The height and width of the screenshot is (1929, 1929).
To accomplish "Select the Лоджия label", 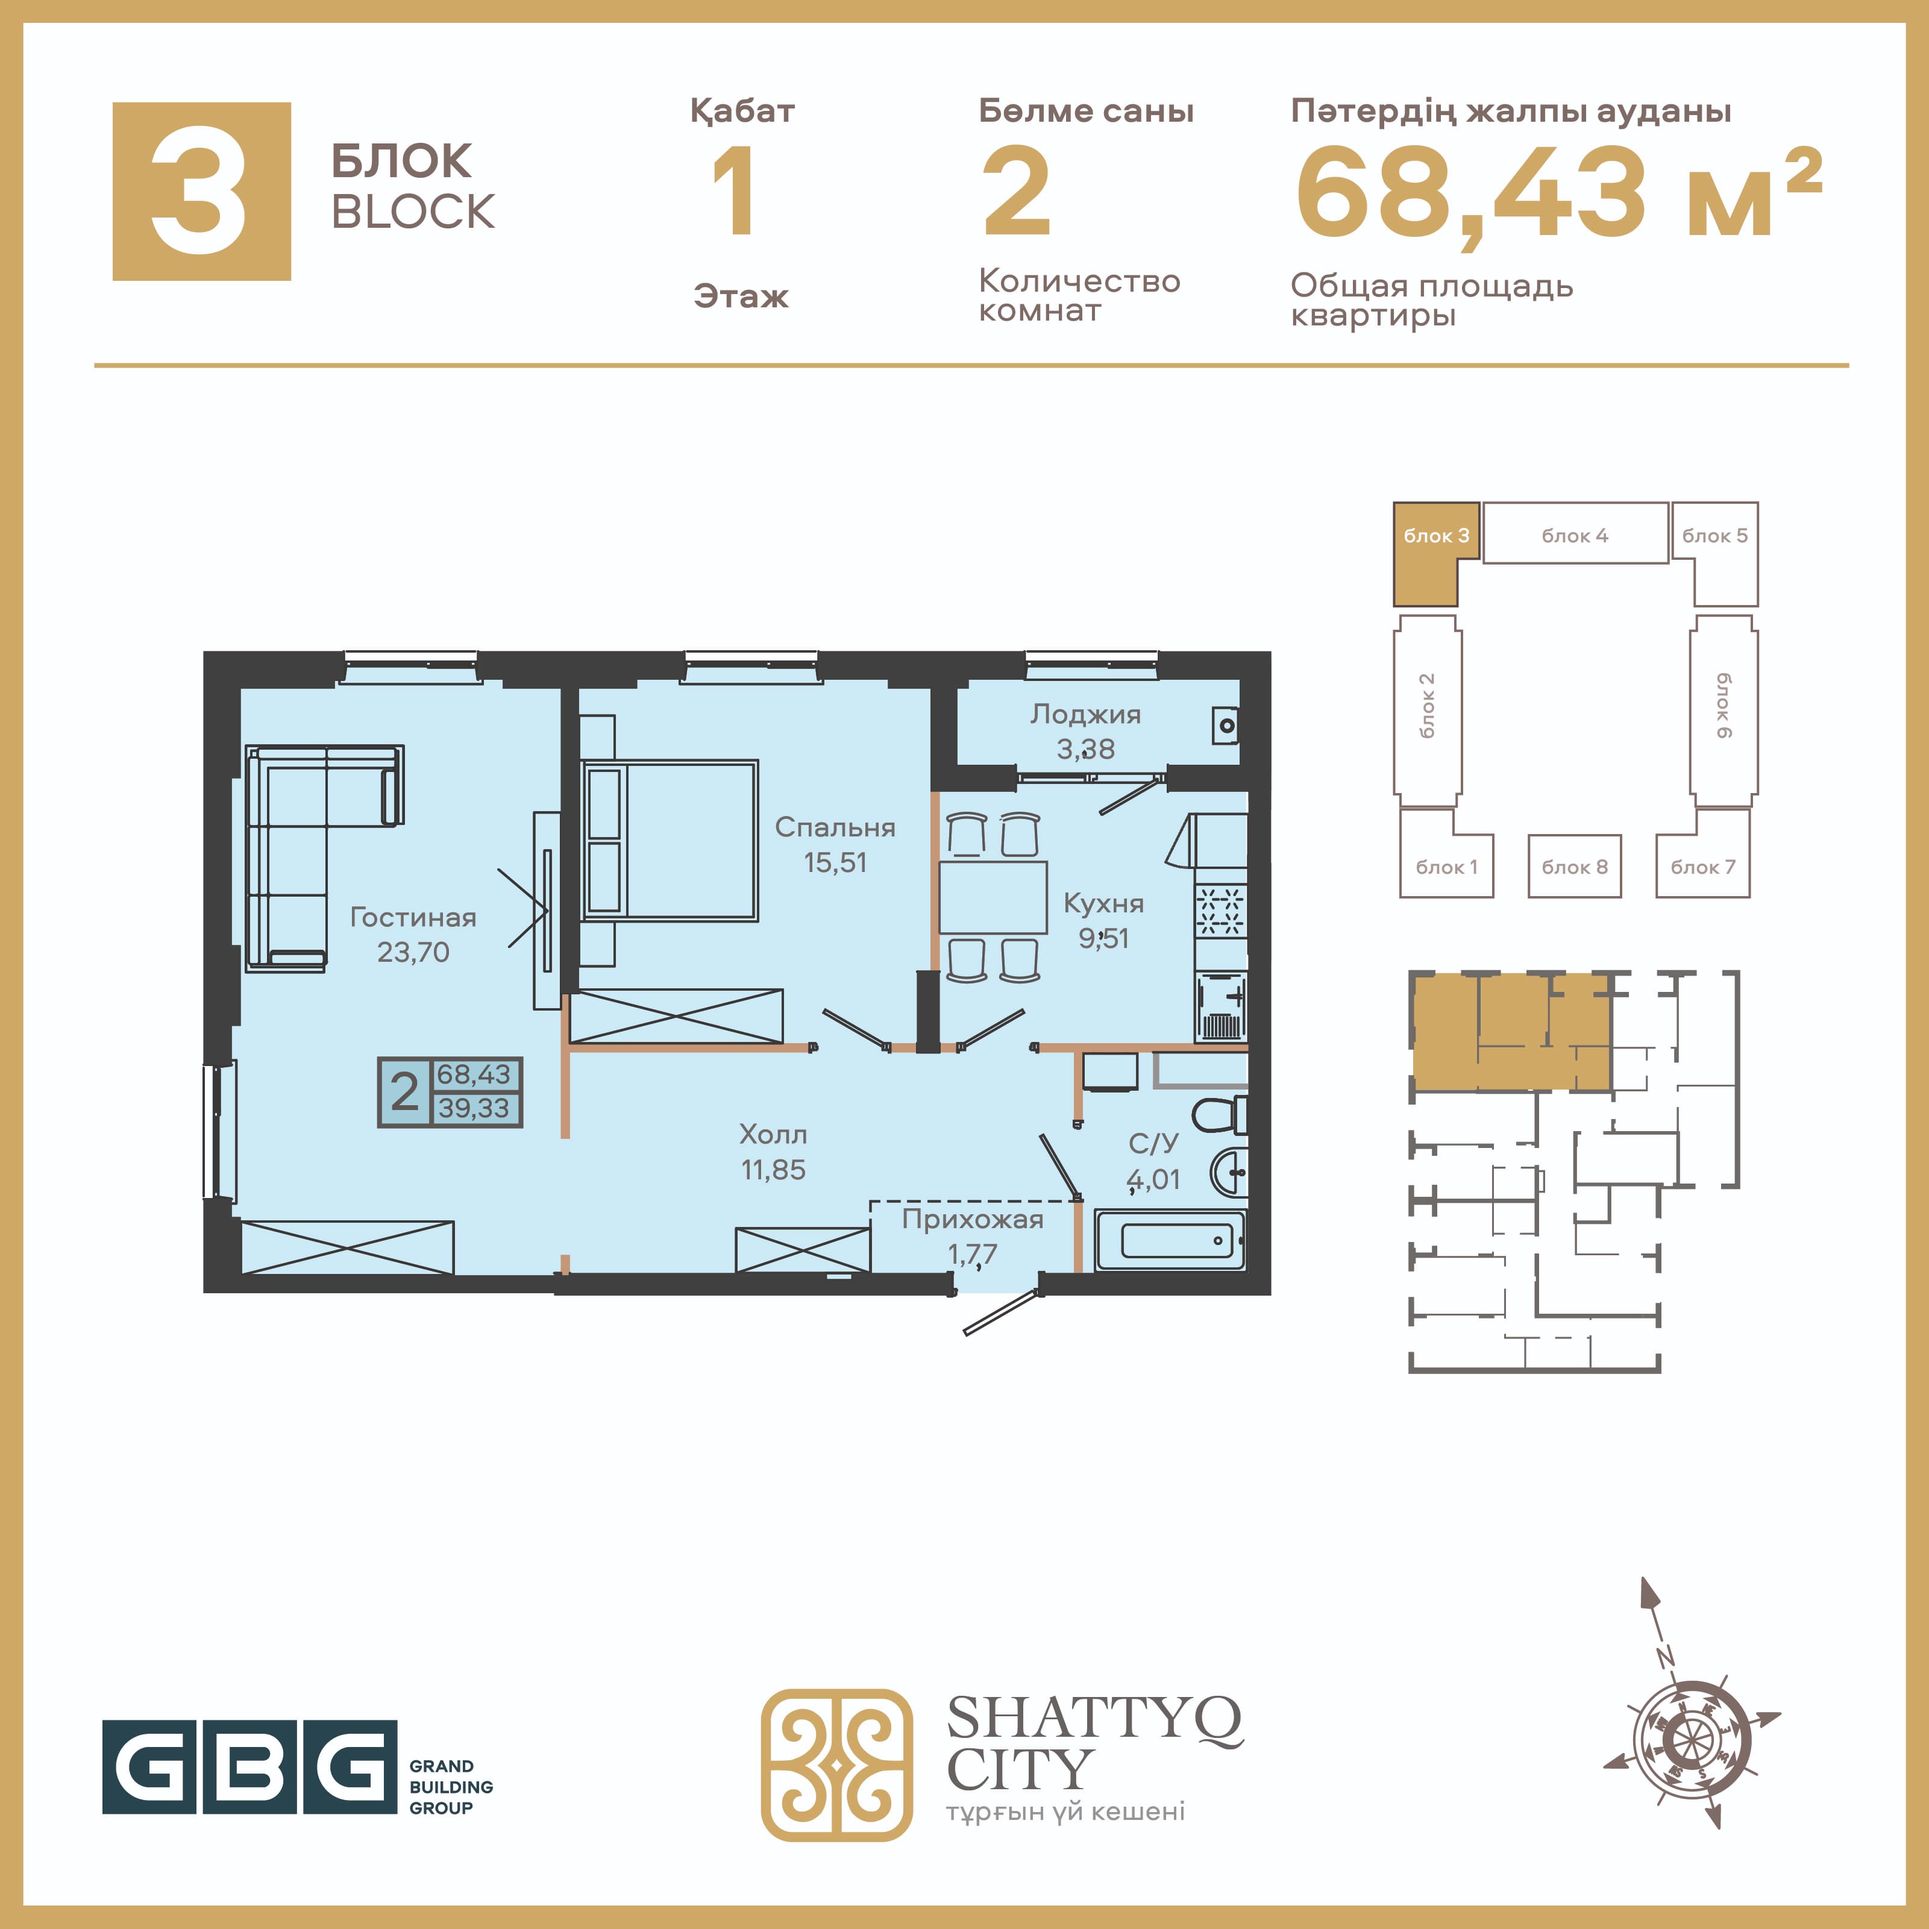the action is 1085,715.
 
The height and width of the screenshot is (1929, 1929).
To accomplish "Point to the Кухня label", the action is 1103,903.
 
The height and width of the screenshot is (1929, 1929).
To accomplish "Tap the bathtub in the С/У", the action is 1170,1240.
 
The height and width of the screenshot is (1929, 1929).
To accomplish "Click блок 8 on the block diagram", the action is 1575,865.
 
